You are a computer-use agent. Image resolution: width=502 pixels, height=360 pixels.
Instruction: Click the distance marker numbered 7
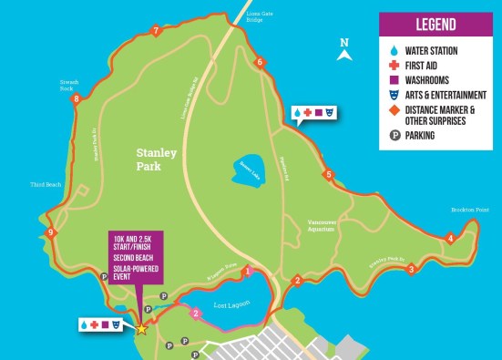[x=157, y=32]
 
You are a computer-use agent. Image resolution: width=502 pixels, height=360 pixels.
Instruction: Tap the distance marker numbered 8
[x=77, y=98]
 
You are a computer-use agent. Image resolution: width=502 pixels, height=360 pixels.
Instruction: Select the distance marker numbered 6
[x=260, y=62]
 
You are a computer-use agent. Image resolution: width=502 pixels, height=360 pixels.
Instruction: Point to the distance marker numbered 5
[x=328, y=174]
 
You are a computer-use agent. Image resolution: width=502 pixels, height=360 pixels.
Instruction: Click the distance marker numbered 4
[x=450, y=239]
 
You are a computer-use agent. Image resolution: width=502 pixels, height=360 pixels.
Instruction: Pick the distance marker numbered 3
[x=411, y=269]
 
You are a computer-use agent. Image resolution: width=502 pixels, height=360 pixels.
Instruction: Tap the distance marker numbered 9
[x=51, y=233]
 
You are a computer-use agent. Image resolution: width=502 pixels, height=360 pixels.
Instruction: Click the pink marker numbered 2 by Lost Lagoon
[x=196, y=314]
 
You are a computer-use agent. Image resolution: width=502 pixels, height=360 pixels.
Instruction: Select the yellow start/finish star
[x=141, y=328]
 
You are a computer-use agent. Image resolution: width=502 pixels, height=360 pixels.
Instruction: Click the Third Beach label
[x=45, y=184]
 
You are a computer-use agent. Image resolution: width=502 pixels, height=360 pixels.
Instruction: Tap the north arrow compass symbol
[x=343, y=52]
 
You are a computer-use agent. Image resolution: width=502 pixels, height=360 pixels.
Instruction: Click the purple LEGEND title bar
[x=435, y=25]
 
